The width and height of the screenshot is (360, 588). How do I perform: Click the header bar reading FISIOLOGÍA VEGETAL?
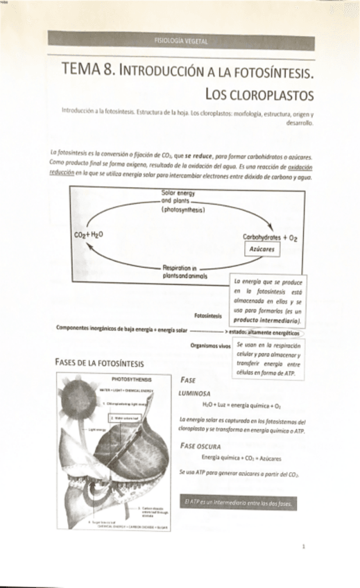tap(181, 42)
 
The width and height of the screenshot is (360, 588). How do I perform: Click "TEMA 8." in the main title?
tap(89, 69)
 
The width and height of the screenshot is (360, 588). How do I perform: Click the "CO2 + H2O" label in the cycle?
tap(88, 234)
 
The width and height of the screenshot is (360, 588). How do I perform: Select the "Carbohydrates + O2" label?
tap(270, 237)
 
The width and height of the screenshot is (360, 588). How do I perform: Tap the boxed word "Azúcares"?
tap(263, 249)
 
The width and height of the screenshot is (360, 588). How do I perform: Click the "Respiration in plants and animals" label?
tap(179, 270)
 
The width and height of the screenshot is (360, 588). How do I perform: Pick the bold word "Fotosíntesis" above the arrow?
tap(209, 315)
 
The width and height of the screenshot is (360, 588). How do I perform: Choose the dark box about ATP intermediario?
tap(239, 502)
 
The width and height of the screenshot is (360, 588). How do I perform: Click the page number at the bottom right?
tap(305, 546)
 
